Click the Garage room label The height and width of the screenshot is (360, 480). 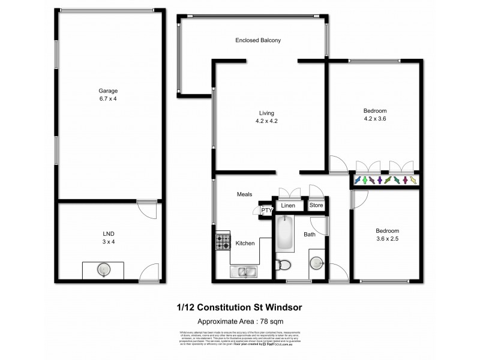(x=109, y=91)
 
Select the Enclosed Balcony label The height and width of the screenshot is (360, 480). (x=258, y=40)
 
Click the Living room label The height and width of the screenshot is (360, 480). (x=266, y=112)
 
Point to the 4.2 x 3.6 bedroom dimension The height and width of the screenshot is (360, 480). (x=375, y=119)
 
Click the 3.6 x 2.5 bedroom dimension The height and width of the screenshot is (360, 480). (x=387, y=239)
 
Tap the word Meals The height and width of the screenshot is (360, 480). (x=243, y=194)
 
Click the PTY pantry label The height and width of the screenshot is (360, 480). (x=266, y=211)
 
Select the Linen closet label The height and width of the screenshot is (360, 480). (x=288, y=206)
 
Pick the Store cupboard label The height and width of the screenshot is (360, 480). (x=316, y=205)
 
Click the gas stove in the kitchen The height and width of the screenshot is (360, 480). (x=223, y=241)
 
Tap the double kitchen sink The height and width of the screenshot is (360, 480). (x=244, y=272)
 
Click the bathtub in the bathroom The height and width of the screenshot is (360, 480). (x=286, y=235)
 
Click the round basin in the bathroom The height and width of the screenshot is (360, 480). (x=317, y=263)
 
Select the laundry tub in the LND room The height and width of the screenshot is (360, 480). (x=104, y=269)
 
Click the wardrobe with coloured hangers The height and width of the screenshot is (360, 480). (x=385, y=180)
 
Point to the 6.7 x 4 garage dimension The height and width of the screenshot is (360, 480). (x=109, y=98)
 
